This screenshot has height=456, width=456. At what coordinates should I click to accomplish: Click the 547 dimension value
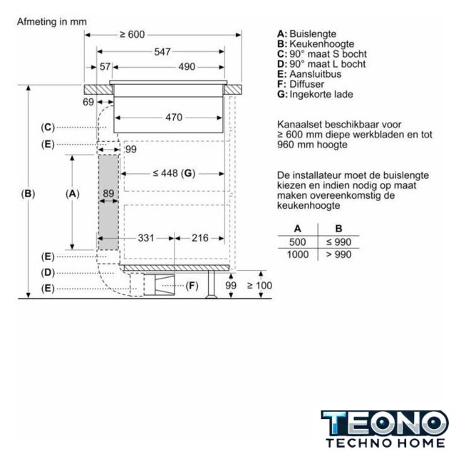coord(162,52)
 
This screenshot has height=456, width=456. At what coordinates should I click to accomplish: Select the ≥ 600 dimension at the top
coord(133,35)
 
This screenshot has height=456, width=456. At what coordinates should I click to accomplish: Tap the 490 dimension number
coord(187,67)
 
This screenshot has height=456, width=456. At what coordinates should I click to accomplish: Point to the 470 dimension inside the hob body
coord(174,118)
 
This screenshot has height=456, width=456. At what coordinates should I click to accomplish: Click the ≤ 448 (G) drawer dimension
coord(174,173)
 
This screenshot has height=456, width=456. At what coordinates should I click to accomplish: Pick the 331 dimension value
coord(146,238)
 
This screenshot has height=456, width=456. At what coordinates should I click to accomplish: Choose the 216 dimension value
coord(200,238)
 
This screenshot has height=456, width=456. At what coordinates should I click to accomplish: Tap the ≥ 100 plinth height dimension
coord(259,286)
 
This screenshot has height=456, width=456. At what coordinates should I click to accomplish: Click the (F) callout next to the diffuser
coord(192,286)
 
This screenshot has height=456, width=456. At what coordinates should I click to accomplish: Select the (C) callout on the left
coord(48,128)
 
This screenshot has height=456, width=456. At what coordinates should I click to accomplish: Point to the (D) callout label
coord(48,273)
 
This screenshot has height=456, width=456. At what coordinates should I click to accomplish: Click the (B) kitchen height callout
coord(28,194)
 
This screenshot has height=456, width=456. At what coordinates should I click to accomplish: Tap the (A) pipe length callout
coord(73,194)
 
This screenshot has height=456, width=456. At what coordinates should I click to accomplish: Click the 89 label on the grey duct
coord(108,193)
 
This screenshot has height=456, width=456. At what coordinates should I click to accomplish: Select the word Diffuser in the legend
coord(307,84)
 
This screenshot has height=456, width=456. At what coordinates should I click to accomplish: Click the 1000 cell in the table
coord(298,254)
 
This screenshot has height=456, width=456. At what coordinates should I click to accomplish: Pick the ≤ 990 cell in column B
coord(338,242)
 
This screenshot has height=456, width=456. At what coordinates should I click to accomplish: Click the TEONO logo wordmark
coord(385,423)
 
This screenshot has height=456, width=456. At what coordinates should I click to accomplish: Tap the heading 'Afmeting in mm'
coord(52,22)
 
